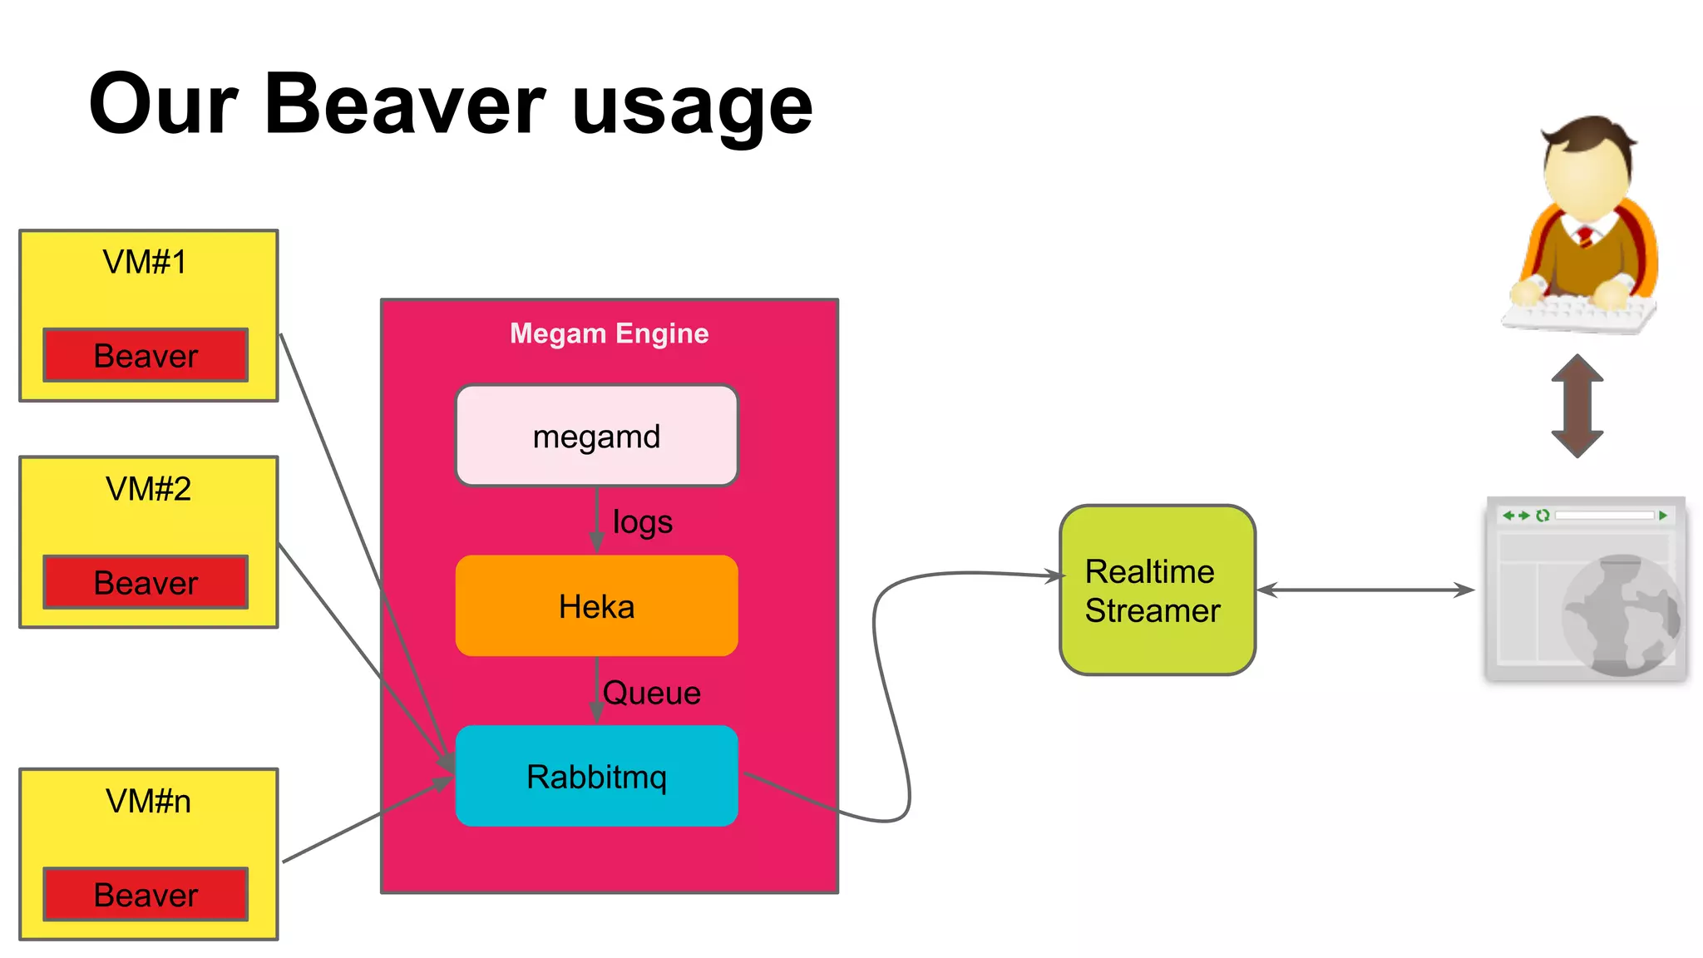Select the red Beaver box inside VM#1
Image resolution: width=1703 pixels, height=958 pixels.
click(146, 356)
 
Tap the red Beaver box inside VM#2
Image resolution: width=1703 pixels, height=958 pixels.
click(146, 583)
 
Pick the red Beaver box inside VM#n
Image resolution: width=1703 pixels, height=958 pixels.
click(146, 895)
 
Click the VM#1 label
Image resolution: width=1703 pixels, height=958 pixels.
click(145, 262)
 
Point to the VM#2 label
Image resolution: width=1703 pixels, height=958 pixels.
click(148, 489)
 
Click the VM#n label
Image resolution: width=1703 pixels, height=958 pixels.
click(148, 801)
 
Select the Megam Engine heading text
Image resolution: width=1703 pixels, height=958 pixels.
click(609, 333)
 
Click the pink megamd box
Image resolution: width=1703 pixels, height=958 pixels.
click(596, 436)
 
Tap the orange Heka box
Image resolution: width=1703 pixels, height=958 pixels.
click(596, 606)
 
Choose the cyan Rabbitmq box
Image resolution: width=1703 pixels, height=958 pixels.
click(596, 777)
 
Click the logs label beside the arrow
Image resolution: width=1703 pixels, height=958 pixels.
click(642, 522)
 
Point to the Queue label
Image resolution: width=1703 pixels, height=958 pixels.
click(651, 693)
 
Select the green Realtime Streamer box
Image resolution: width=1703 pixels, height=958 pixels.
click(1157, 590)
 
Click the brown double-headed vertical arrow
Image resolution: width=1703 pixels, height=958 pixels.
click(1577, 406)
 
